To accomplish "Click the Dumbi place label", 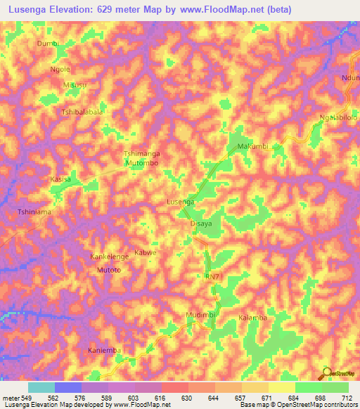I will tap(47, 44).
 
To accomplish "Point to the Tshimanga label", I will tap(141, 154).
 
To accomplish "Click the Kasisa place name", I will tap(60, 180).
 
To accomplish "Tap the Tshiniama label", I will tap(35, 211).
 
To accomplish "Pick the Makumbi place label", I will tap(253, 146).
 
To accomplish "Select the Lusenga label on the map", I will tap(180, 202).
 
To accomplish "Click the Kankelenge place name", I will tap(109, 257).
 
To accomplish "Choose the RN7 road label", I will tap(212, 278).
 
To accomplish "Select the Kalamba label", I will tap(253, 318).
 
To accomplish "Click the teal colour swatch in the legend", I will tap(41, 387).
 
